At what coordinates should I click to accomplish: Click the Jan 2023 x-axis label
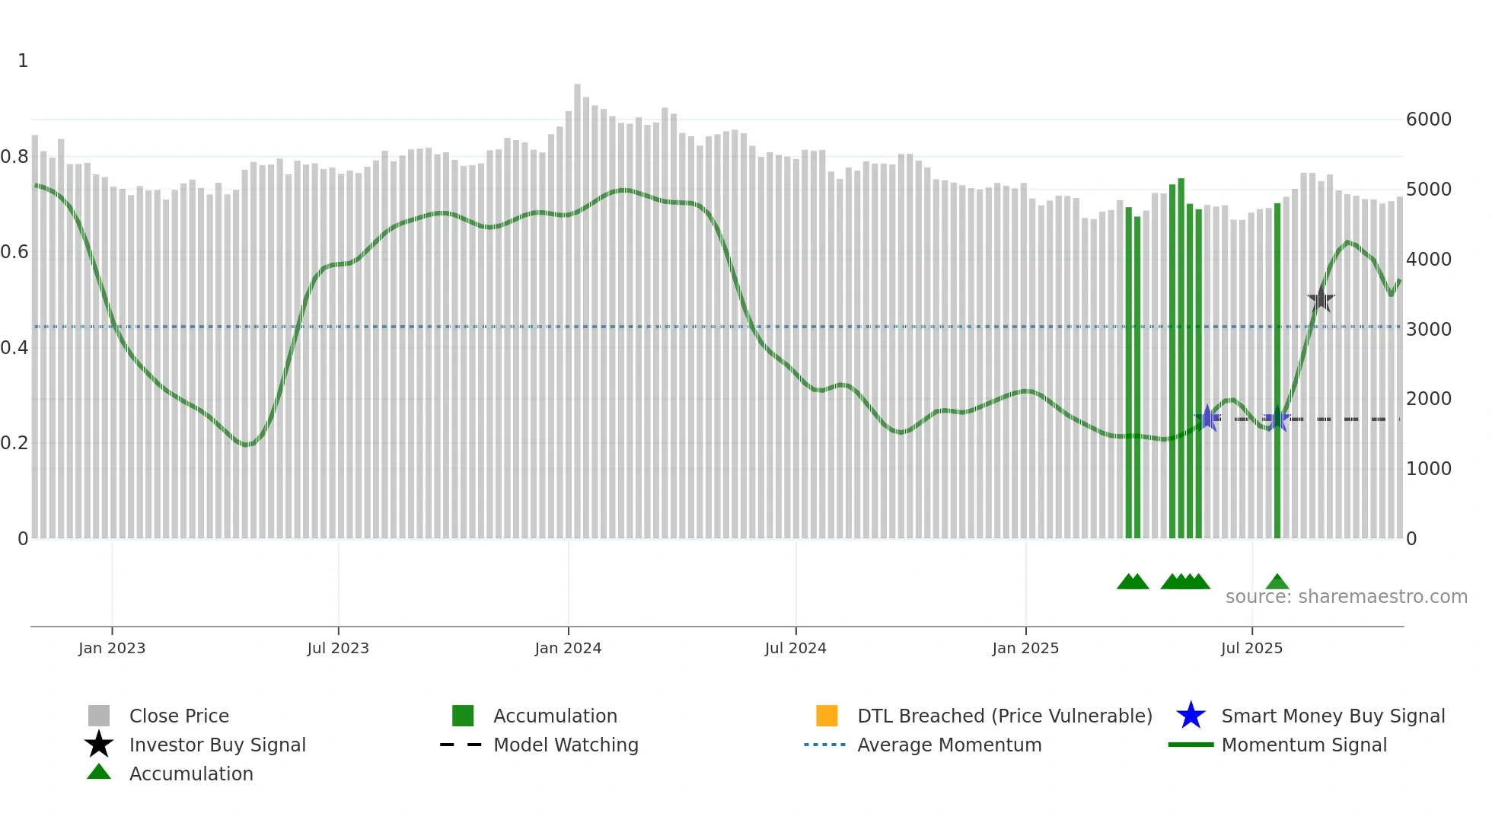click(x=112, y=648)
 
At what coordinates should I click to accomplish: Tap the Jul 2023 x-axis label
click(x=338, y=648)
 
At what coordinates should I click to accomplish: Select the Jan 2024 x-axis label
click(x=568, y=648)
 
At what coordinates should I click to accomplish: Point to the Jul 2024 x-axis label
click(x=795, y=648)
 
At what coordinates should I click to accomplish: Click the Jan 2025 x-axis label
click(x=1025, y=648)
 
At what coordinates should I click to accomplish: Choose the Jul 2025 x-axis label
click(x=1251, y=648)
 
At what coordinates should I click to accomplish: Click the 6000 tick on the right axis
click(x=1428, y=120)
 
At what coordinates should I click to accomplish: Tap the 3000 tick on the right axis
click(x=1428, y=330)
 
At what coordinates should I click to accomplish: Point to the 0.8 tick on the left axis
click(x=14, y=157)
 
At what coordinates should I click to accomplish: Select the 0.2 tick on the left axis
click(x=14, y=443)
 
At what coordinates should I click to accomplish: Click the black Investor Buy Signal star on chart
click(x=1321, y=299)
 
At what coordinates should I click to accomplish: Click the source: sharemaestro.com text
click(x=1346, y=597)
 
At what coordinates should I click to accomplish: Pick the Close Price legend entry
click(x=179, y=716)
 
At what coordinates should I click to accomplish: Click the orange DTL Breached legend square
click(x=827, y=716)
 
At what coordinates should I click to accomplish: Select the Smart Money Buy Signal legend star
click(x=1191, y=716)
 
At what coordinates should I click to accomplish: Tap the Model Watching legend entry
click(x=566, y=745)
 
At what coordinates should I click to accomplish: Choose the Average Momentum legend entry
click(x=949, y=745)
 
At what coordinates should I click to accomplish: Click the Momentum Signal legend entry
click(x=1304, y=745)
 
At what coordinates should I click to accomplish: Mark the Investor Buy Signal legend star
click(x=99, y=745)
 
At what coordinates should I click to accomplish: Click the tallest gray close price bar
click(x=577, y=305)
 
